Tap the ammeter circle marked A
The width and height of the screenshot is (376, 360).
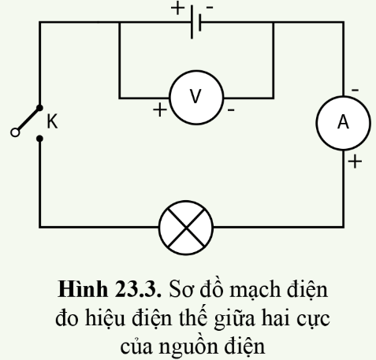[x=343, y=121]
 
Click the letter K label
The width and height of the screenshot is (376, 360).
[x=53, y=122]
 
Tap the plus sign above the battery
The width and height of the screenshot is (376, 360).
[x=176, y=9]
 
